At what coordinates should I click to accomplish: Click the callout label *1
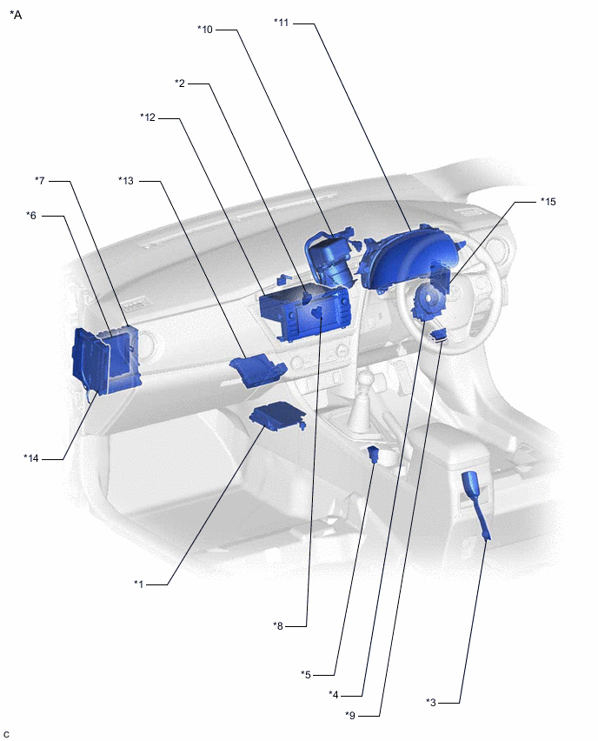(138, 584)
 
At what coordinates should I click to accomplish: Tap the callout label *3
(431, 702)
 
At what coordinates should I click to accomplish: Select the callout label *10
(205, 30)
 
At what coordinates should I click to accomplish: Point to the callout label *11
(281, 23)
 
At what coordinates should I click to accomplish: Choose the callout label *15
(548, 201)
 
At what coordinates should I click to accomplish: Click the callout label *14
(31, 457)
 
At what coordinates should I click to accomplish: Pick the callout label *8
(278, 625)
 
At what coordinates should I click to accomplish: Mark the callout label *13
(126, 181)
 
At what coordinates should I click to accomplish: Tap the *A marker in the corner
(16, 15)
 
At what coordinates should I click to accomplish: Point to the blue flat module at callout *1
(278, 415)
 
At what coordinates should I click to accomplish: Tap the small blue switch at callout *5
(374, 454)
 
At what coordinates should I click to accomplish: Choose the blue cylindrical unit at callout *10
(330, 257)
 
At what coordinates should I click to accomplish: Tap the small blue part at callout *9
(439, 335)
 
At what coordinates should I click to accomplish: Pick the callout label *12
(148, 117)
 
